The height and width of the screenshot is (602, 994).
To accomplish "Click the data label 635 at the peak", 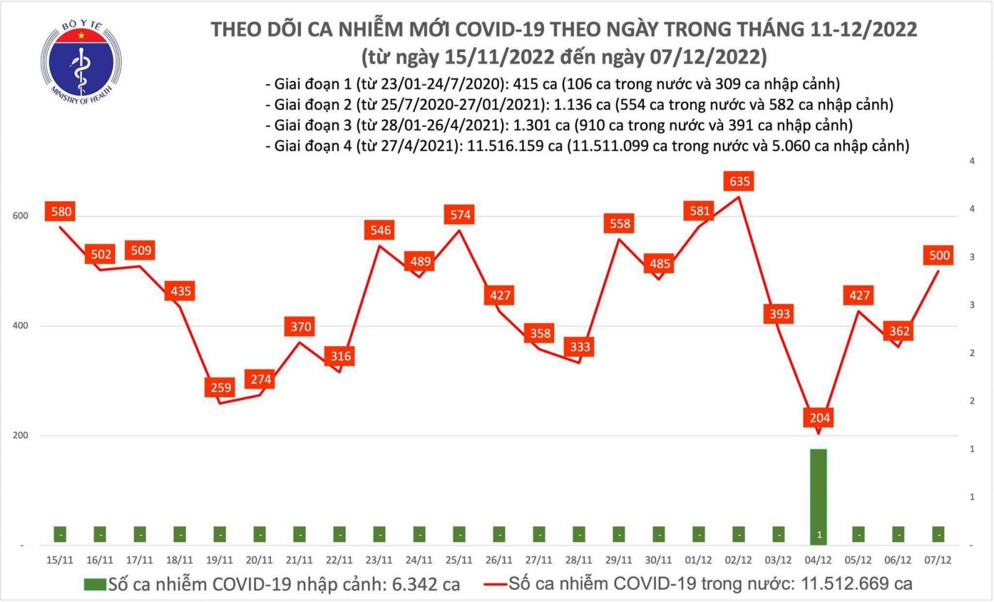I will (x=739, y=181).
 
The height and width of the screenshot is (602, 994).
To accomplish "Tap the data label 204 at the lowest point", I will (x=819, y=417).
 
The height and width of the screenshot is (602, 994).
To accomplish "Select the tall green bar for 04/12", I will (x=818, y=491).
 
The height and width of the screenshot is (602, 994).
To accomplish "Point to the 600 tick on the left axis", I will (x=21, y=216).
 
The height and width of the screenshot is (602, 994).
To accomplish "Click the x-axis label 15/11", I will (x=60, y=560).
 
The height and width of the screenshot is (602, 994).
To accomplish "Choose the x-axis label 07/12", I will (x=937, y=560).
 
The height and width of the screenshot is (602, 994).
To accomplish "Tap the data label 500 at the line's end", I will (x=939, y=255).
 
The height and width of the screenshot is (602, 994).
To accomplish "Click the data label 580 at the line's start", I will (x=61, y=211).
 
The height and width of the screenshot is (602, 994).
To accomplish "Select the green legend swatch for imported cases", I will (x=94, y=584).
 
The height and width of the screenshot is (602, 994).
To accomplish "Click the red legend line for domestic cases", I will (x=495, y=584).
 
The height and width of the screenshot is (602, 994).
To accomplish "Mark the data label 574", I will (x=460, y=214).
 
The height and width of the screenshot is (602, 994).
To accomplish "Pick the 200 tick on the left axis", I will (x=21, y=435).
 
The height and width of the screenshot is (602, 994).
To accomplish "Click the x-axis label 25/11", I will (x=459, y=560).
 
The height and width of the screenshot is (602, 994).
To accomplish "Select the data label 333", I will (x=580, y=346).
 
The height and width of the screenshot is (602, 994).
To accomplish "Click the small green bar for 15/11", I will (x=60, y=534).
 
